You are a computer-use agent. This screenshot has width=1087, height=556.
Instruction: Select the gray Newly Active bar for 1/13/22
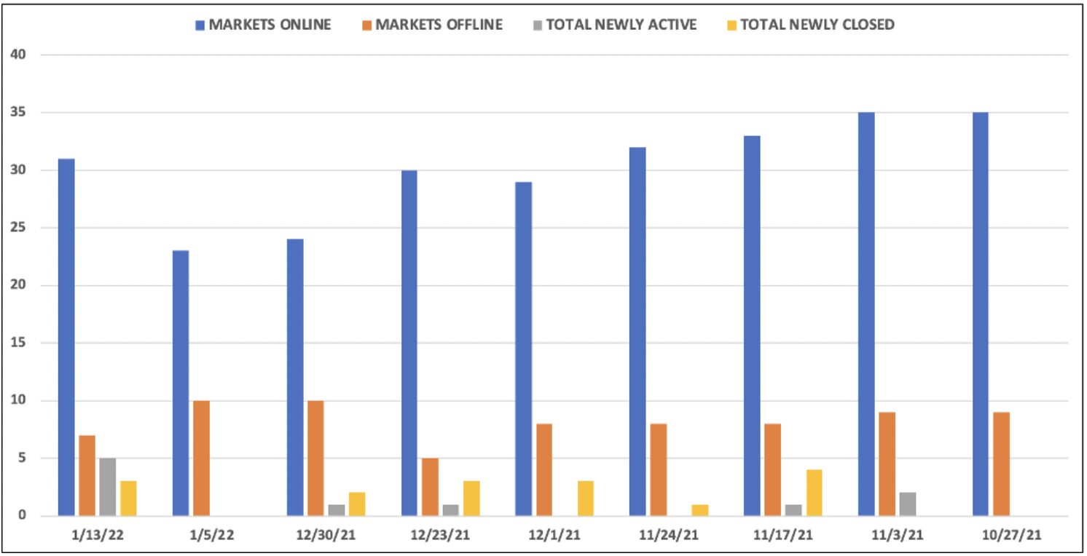pos(108,487)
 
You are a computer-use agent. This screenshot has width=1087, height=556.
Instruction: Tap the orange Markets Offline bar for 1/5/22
pos(201,458)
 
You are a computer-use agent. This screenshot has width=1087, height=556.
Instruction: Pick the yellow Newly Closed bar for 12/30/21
pos(357,504)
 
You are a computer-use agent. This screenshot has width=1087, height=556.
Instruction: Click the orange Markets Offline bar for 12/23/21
pos(430,487)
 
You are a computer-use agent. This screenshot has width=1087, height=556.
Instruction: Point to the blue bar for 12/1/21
pos(523,349)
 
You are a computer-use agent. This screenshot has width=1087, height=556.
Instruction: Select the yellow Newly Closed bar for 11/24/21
pos(699,509)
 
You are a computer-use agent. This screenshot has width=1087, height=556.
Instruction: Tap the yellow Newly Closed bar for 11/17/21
pos(814,493)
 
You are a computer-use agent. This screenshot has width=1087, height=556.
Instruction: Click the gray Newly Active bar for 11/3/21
pos(907,504)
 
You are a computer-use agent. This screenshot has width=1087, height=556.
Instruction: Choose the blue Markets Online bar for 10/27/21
pos(980,314)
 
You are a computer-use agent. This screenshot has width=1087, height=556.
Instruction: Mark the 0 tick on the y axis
pos(23,516)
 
